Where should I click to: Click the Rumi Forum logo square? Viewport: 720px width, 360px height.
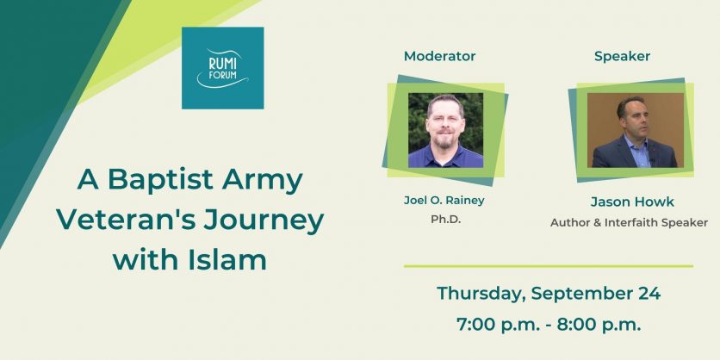(223, 68)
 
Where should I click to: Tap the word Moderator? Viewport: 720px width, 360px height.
(439, 56)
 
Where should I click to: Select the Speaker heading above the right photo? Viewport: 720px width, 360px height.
(622, 57)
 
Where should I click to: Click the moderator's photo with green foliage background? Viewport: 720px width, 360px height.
(445, 130)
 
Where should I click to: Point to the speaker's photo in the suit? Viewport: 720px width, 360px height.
(635, 130)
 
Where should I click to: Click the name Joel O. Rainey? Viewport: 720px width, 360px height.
(444, 200)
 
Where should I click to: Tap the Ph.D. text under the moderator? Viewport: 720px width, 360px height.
(445, 220)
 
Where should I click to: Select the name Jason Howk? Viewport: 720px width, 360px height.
(632, 202)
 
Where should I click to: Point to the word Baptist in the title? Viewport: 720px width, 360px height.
(161, 180)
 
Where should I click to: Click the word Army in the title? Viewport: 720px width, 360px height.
(263, 182)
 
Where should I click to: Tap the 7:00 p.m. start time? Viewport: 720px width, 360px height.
(498, 325)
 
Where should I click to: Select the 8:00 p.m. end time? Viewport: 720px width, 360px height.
(599, 325)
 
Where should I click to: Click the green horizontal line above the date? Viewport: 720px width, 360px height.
(549, 266)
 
